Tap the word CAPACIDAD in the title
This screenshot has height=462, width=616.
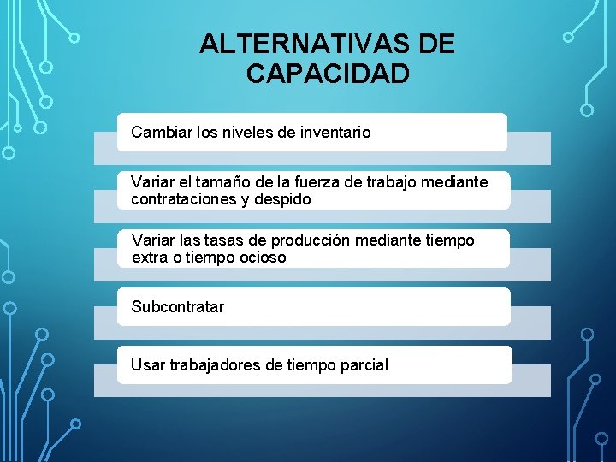click(x=328, y=74)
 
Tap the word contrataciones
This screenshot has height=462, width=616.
click(x=182, y=198)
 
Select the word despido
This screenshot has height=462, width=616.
click(x=287, y=198)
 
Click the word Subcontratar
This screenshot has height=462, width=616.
click(x=178, y=306)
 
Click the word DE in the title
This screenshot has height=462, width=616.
click(x=438, y=44)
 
